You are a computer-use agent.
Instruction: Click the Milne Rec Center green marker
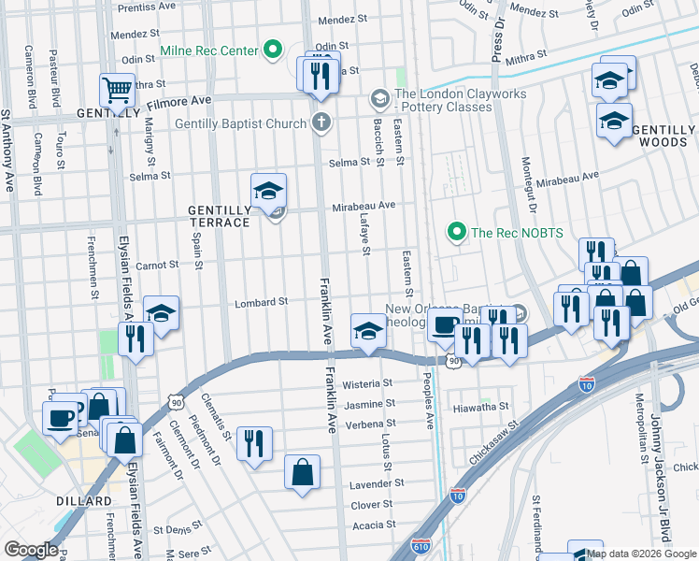click(x=273, y=50)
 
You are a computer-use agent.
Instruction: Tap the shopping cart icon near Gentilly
click(x=118, y=92)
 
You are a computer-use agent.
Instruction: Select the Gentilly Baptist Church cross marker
click(x=321, y=122)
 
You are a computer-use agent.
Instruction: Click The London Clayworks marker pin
click(x=379, y=98)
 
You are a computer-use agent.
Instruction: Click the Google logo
click(x=32, y=550)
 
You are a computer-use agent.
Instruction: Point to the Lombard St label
click(x=260, y=302)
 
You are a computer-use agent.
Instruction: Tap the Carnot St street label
click(x=157, y=266)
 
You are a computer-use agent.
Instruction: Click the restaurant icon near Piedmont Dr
click(x=254, y=442)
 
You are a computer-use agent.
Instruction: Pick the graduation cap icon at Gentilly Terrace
click(x=268, y=191)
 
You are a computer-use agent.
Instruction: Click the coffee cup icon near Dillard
click(x=62, y=416)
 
